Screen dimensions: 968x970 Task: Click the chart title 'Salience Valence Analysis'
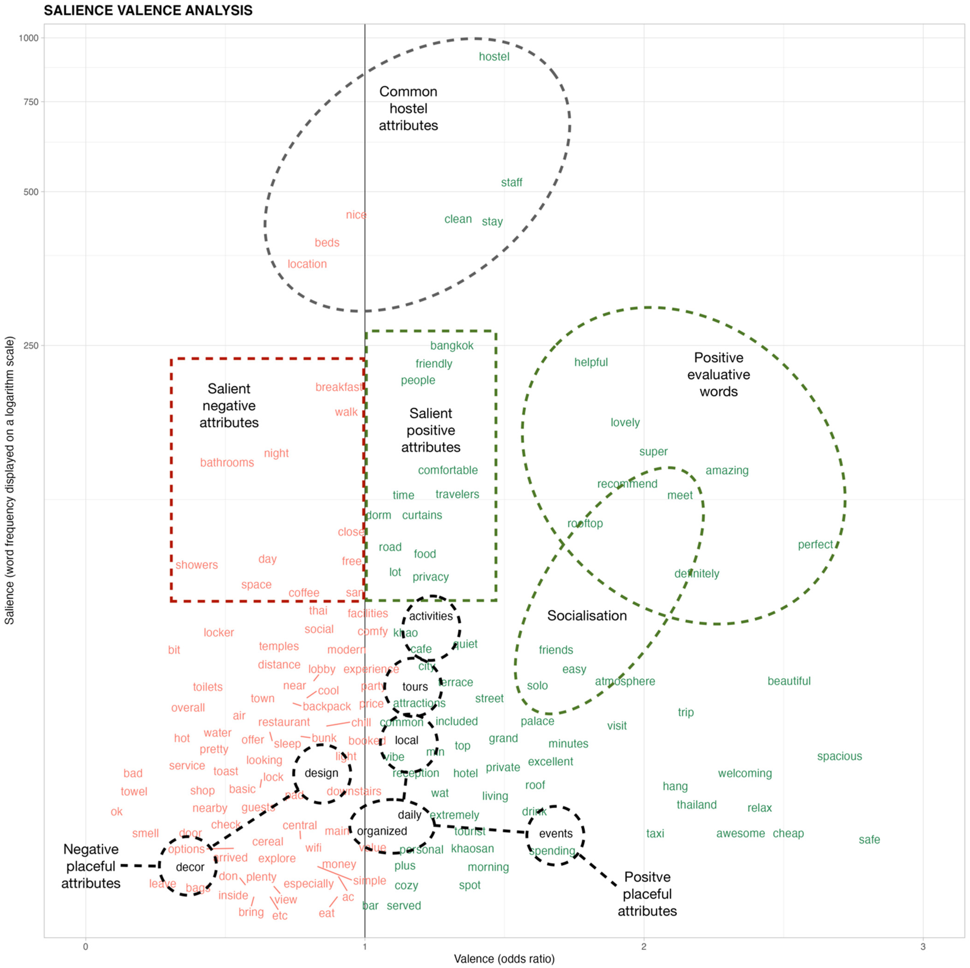[x=148, y=11]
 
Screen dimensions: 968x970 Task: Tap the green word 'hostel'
[x=494, y=57]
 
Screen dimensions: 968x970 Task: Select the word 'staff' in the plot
[x=512, y=183]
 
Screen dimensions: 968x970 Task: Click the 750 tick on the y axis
[x=31, y=102]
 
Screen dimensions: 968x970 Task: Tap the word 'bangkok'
[x=452, y=346]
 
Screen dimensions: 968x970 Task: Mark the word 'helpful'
[x=591, y=362]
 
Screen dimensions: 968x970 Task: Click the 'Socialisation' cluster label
[x=587, y=616]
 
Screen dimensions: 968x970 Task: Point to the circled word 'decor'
[x=190, y=867]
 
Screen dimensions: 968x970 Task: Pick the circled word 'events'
[x=556, y=834]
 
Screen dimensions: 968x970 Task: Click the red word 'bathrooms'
[x=227, y=463]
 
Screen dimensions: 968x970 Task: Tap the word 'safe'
[x=869, y=840]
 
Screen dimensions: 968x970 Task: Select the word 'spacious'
[x=839, y=756]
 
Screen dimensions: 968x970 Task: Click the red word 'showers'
[x=196, y=565]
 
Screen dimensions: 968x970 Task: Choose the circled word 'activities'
[x=431, y=616]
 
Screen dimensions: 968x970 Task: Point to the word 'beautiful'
[x=789, y=681]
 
